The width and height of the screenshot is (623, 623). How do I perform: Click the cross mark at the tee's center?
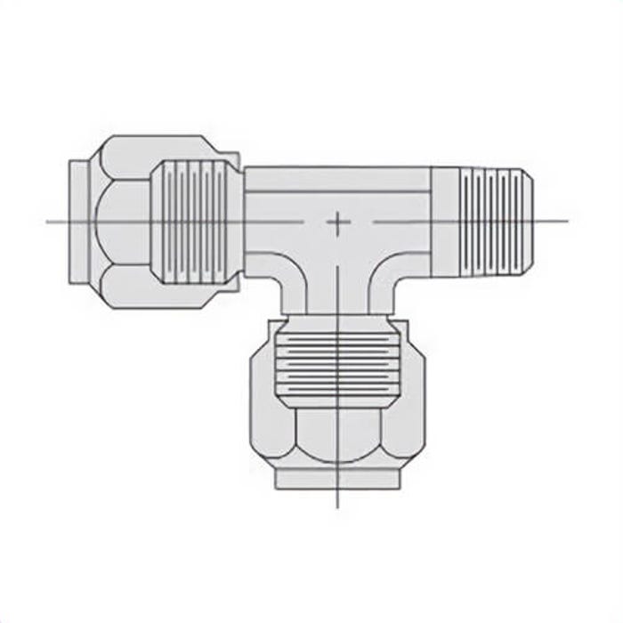pos(337,222)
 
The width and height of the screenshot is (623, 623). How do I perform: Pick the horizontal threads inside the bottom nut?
pos(337,365)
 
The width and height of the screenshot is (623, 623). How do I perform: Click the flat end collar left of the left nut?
pos(78,220)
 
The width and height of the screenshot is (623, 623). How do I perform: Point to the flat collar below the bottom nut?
pos(337,479)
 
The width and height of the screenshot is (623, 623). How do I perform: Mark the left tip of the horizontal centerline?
pos(48,221)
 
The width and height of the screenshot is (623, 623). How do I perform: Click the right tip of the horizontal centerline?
pos(567,221)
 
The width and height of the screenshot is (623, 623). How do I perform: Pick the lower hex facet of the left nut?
pos(129,287)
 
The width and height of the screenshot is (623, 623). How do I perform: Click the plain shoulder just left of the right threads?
pos(444,220)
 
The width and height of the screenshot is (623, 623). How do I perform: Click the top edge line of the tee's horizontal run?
pos(338,167)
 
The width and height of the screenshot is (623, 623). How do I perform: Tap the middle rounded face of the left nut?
pos(120,220)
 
